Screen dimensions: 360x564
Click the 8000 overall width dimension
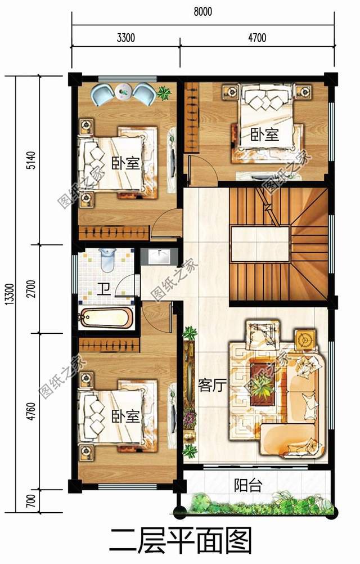tap(202, 11)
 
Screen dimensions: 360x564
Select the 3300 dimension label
tap(126, 37)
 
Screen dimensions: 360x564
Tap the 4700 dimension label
tap(257, 37)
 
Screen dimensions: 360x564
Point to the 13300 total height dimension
tap(10, 294)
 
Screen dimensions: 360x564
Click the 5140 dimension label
tap(31, 160)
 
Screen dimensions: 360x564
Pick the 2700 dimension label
tap(31, 289)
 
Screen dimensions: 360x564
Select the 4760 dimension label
tap(31, 411)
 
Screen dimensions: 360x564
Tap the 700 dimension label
tap(31, 500)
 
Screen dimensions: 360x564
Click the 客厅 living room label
tap(212, 386)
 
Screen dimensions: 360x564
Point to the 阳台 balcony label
tap(248, 485)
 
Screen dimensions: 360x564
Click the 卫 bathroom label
tap(104, 289)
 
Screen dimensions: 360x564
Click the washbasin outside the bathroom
tap(159, 257)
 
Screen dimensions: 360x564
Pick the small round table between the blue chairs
tap(124, 91)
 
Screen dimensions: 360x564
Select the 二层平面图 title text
tap(181, 540)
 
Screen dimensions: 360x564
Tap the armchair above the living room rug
tap(263, 335)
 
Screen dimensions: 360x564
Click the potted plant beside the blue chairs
tap(164, 92)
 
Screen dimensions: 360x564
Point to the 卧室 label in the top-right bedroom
tap(265, 135)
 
